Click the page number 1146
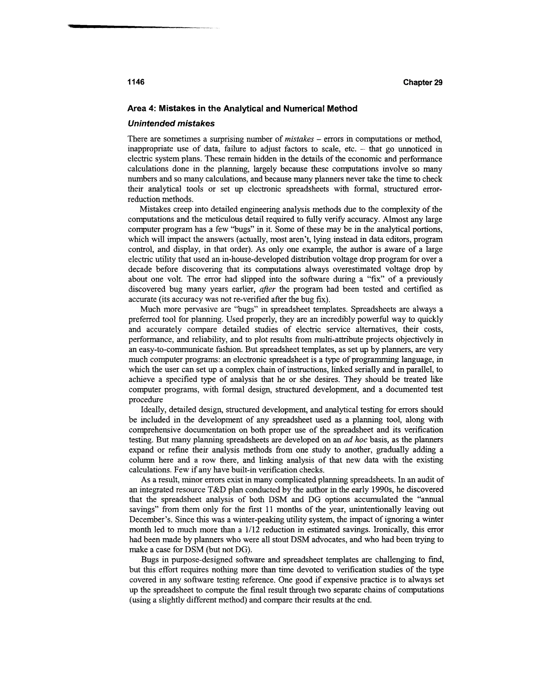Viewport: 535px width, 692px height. (x=136, y=82)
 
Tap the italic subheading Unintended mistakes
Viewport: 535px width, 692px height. (x=171, y=124)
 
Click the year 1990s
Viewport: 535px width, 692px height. (x=382, y=490)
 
